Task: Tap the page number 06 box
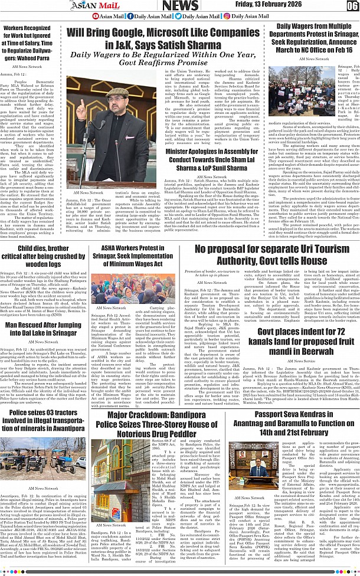click(x=352, y=6)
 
